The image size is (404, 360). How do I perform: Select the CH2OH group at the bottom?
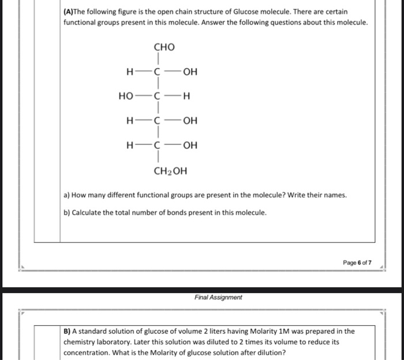[x=170, y=171]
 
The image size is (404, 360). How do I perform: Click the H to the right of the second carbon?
[x=186, y=96]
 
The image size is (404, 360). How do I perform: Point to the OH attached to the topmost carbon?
[x=190, y=72]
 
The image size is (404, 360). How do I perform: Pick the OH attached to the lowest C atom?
[x=190, y=145]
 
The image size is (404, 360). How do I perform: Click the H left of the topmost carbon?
[x=129, y=72]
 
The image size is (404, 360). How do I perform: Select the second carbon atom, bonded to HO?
[x=156, y=96]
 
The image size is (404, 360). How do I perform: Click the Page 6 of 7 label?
[x=357, y=262]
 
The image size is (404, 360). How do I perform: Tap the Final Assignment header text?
[x=218, y=298]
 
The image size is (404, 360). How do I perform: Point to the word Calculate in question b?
[x=89, y=212]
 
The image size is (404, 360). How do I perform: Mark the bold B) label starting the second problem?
[x=68, y=331]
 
